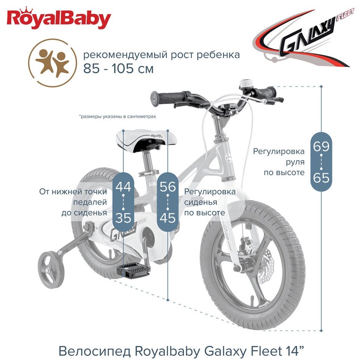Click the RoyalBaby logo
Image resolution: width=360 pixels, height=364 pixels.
59,18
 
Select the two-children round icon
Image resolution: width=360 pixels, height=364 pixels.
52,63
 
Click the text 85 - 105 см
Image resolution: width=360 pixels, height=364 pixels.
118,69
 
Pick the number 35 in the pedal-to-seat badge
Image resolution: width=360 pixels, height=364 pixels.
123,218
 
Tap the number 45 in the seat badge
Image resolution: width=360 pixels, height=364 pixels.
168,218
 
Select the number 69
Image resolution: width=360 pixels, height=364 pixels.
321,146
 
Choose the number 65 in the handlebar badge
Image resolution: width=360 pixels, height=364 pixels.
321,178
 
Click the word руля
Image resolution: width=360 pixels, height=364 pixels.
295,162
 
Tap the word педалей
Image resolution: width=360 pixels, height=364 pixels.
90,202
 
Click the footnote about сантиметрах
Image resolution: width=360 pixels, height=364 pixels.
118,116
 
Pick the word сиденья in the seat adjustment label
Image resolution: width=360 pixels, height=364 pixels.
201,202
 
